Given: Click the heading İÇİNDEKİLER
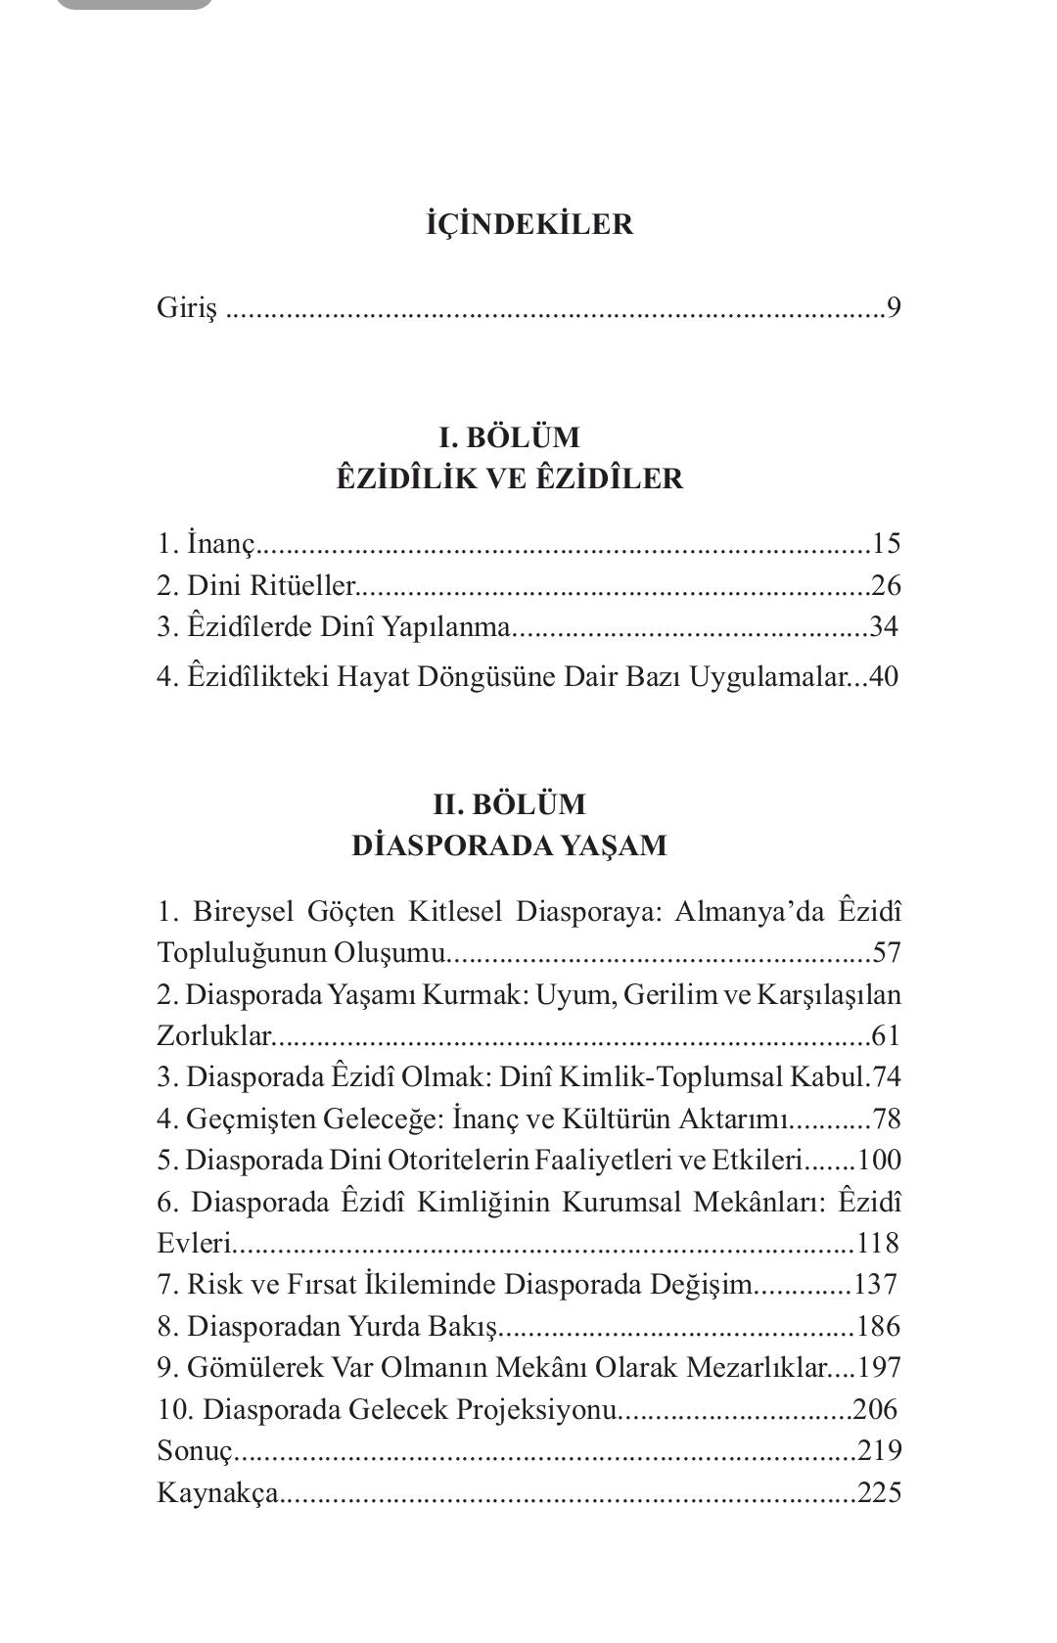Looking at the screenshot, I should (x=529, y=224).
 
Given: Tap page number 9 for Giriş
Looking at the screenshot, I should (x=894, y=308).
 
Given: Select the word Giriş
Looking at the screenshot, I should (x=186, y=309).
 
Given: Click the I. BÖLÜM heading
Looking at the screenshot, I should (x=509, y=436).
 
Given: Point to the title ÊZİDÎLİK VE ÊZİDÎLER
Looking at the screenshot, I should (x=509, y=479).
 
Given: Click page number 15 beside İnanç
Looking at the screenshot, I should (x=885, y=543).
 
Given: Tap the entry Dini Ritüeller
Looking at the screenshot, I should (x=256, y=585).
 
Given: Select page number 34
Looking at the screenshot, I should (x=883, y=626).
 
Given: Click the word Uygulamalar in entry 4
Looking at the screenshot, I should (x=769, y=676).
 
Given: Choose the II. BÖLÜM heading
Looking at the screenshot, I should (x=509, y=804).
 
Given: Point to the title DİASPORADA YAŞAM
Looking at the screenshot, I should (x=509, y=845).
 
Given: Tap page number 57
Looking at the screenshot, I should (x=886, y=953).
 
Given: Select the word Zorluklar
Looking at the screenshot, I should (x=212, y=1035).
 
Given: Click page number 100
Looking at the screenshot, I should (x=878, y=1160).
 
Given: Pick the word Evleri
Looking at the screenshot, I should (x=194, y=1243).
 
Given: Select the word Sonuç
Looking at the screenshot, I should (x=194, y=1450).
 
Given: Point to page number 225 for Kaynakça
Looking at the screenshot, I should (x=878, y=1492).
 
